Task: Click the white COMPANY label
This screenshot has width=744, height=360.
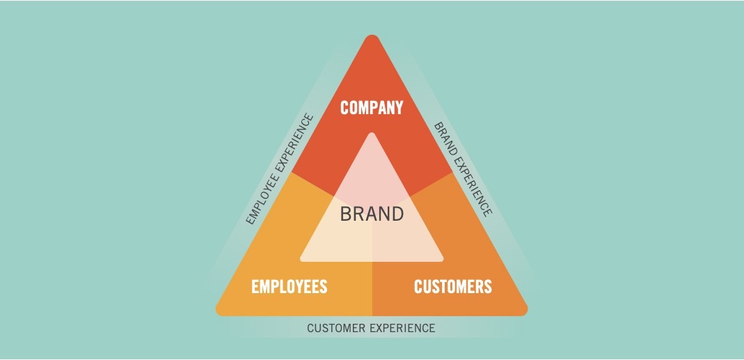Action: click(372, 108)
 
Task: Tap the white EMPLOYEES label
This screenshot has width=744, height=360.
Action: click(290, 287)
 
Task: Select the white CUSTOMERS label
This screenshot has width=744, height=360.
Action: click(453, 287)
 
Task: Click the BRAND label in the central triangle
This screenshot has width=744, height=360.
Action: click(372, 214)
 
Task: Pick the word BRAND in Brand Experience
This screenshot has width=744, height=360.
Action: click(444, 139)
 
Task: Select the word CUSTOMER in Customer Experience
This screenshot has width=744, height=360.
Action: click(336, 328)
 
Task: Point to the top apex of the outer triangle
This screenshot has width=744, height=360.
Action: click(372, 35)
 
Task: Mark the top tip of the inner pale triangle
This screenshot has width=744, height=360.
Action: click(372, 133)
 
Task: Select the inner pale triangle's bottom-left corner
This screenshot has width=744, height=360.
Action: click(301, 259)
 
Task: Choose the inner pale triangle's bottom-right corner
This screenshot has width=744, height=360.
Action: click(442, 259)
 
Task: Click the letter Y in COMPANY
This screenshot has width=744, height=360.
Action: click(398, 108)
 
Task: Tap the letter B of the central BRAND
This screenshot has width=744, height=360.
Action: click(345, 214)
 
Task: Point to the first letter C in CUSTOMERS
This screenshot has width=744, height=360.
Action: click(418, 287)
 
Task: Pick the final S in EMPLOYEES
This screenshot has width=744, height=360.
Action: click(323, 287)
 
